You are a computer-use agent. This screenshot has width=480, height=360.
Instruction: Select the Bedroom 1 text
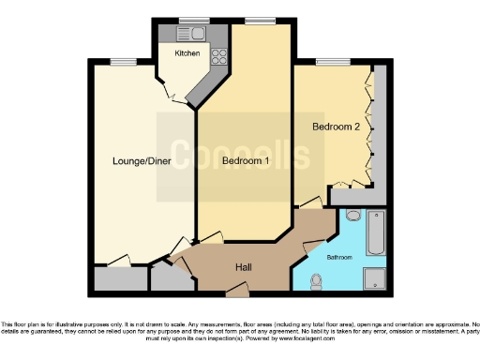[x=246, y=160]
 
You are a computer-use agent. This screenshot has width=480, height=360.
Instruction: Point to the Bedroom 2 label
[x=336, y=127]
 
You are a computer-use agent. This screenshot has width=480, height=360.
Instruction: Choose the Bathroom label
[x=338, y=256]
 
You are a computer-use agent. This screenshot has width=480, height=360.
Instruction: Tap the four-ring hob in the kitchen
[x=219, y=55]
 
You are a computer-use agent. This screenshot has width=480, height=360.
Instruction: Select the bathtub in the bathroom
[x=376, y=232]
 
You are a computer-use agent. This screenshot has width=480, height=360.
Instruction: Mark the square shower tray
[x=375, y=278]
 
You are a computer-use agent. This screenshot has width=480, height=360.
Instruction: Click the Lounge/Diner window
[x=120, y=63]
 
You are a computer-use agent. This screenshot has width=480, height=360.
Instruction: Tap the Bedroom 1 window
[x=254, y=20]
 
